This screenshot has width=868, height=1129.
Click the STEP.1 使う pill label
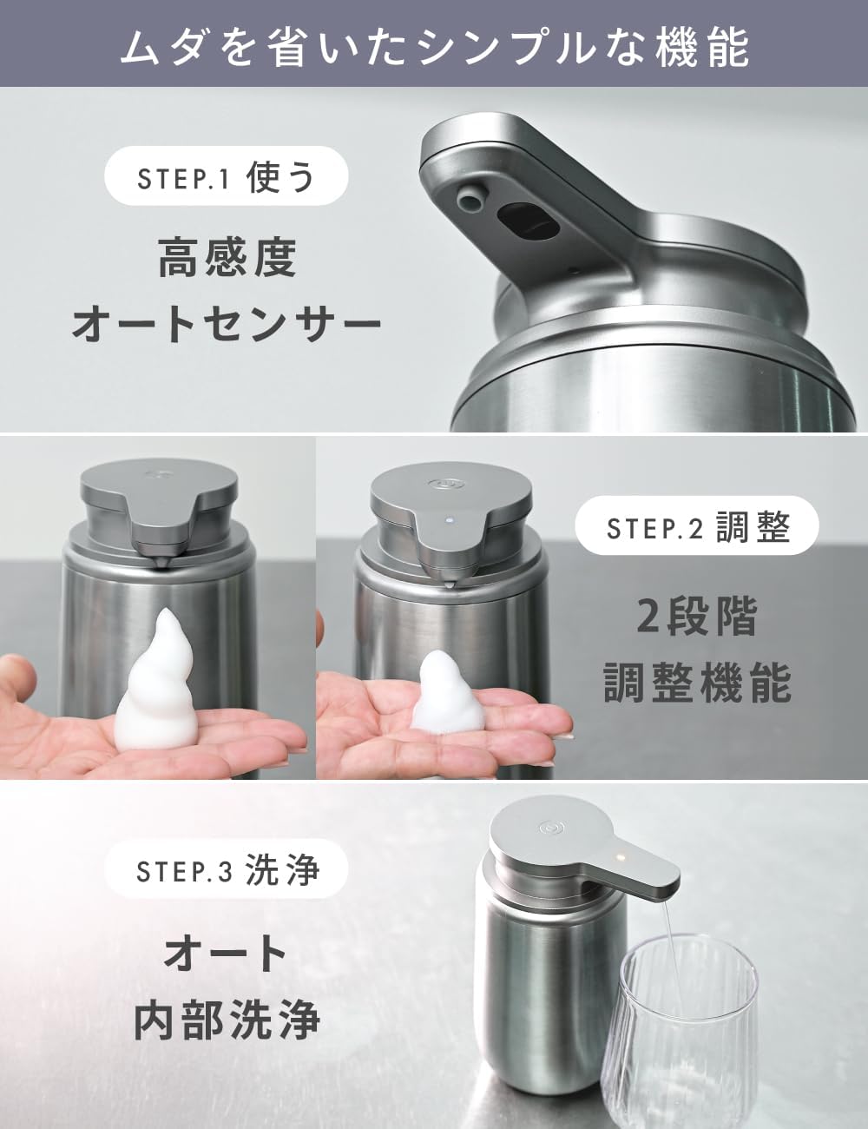227,176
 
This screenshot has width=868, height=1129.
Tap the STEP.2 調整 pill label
697,525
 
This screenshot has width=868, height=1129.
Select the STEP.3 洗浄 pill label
227,868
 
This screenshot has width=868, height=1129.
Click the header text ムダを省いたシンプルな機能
434,48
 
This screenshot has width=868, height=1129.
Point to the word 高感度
227,258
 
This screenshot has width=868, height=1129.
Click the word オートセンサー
227,325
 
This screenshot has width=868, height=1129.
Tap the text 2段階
697,617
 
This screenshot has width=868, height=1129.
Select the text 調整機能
697,683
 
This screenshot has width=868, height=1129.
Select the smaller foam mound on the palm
449,692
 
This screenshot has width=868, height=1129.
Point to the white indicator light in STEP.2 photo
450,519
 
